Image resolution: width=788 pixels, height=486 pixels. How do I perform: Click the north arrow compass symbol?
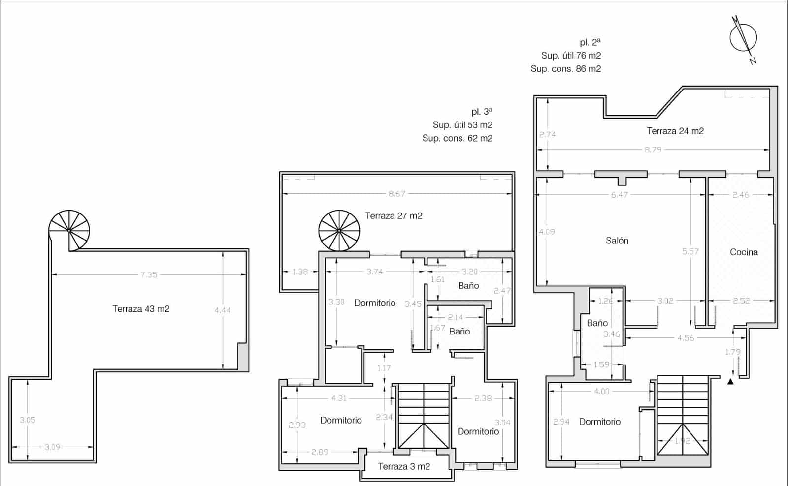(x=743, y=38)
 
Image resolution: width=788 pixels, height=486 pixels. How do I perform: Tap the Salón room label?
(x=617, y=241)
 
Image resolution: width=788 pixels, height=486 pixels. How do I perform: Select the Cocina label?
(x=744, y=252)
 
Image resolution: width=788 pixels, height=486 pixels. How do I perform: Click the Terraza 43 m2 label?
(x=141, y=309)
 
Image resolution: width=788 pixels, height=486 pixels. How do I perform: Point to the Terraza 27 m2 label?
(x=394, y=215)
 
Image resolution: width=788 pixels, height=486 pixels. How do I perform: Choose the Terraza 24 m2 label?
(x=675, y=131)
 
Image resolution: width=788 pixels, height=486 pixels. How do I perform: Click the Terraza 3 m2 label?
(x=404, y=466)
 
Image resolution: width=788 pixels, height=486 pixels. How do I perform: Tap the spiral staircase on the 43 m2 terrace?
(x=69, y=230)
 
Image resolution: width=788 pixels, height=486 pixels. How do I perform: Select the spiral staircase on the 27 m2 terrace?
(x=339, y=230)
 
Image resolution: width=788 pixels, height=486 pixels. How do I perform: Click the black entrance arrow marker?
(x=730, y=380)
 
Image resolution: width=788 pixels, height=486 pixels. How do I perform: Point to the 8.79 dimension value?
(x=653, y=150)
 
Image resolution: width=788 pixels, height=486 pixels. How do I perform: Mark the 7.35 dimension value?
(x=149, y=274)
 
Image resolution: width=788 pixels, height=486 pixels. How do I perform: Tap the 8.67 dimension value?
(x=397, y=194)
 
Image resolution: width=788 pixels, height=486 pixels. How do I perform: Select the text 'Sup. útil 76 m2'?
(x=571, y=56)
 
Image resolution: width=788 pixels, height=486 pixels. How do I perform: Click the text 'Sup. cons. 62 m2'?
(x=457, y=138)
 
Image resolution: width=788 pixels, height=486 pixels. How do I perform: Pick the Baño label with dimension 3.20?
(x=468, y=285)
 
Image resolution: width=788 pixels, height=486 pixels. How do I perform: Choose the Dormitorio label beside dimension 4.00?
(x=599, y=422)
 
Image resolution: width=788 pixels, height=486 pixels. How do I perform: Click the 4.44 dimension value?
(x=223, y=310)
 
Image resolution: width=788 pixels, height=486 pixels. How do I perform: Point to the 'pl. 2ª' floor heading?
(x=590, y=42)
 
